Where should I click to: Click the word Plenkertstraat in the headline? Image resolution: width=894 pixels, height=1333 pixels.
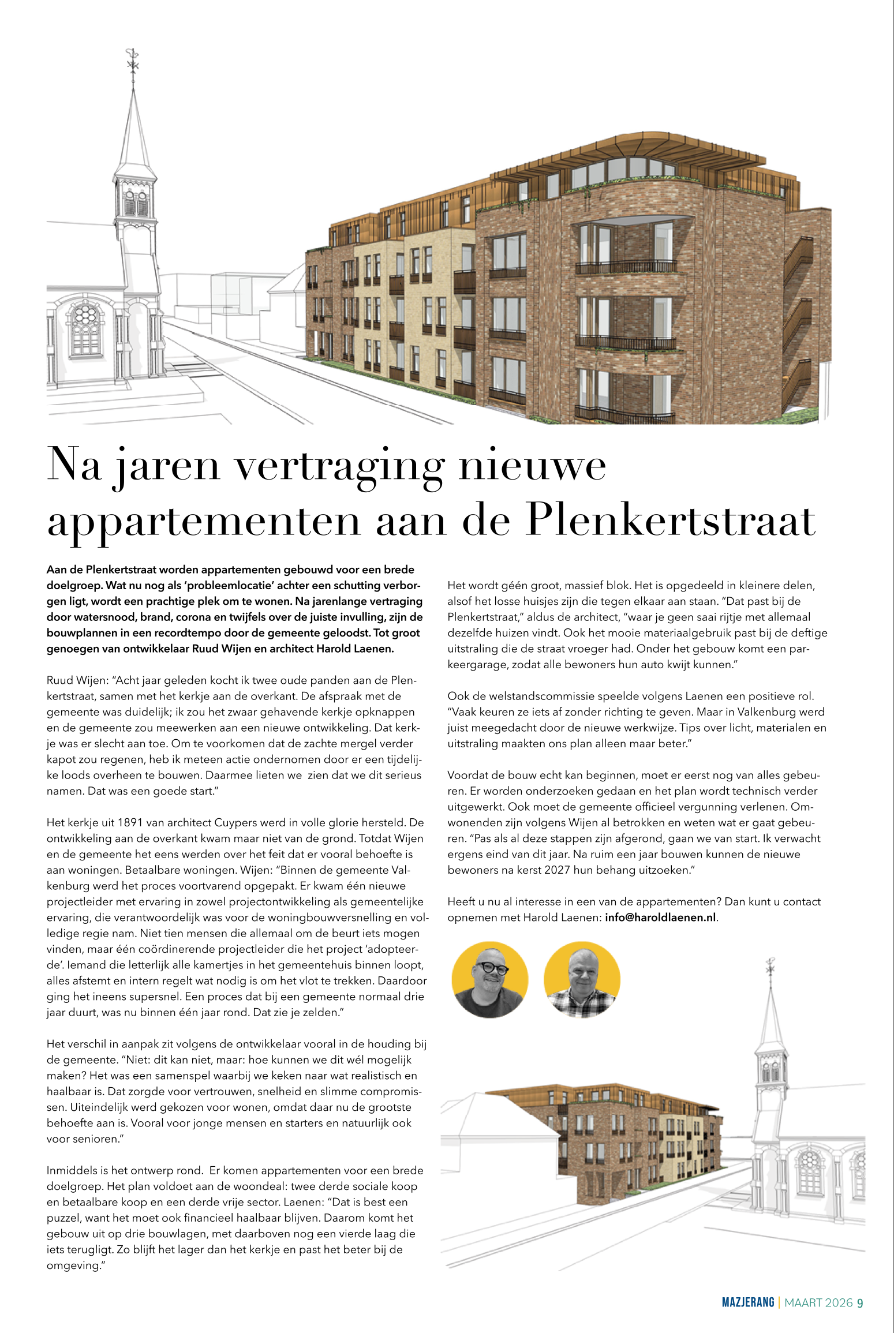point(671,521)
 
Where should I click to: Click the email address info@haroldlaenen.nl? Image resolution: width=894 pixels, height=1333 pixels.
point(660,918)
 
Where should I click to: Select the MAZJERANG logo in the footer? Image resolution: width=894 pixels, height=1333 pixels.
point(747,1302)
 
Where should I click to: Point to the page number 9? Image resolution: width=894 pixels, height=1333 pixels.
point(860,1303)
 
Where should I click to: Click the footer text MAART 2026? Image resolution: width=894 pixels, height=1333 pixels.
point(818,1303)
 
